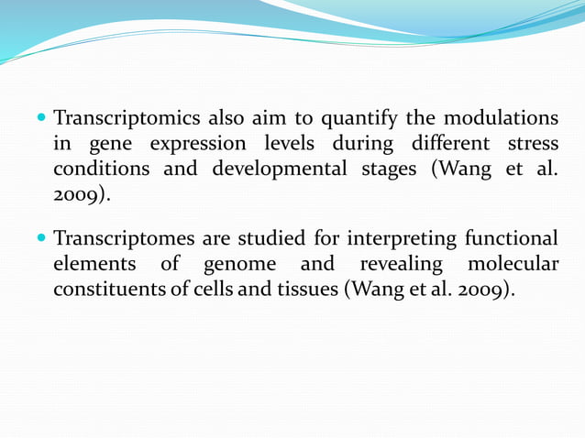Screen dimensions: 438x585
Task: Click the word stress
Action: coord(530,145)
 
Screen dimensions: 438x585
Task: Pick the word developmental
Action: coord(280,170)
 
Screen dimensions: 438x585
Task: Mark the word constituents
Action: coord(105,290)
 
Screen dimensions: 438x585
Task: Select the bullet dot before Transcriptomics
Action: coord(42,119)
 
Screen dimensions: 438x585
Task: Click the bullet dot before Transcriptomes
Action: coord(42,239)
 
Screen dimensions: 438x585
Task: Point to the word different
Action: coord(441,145)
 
